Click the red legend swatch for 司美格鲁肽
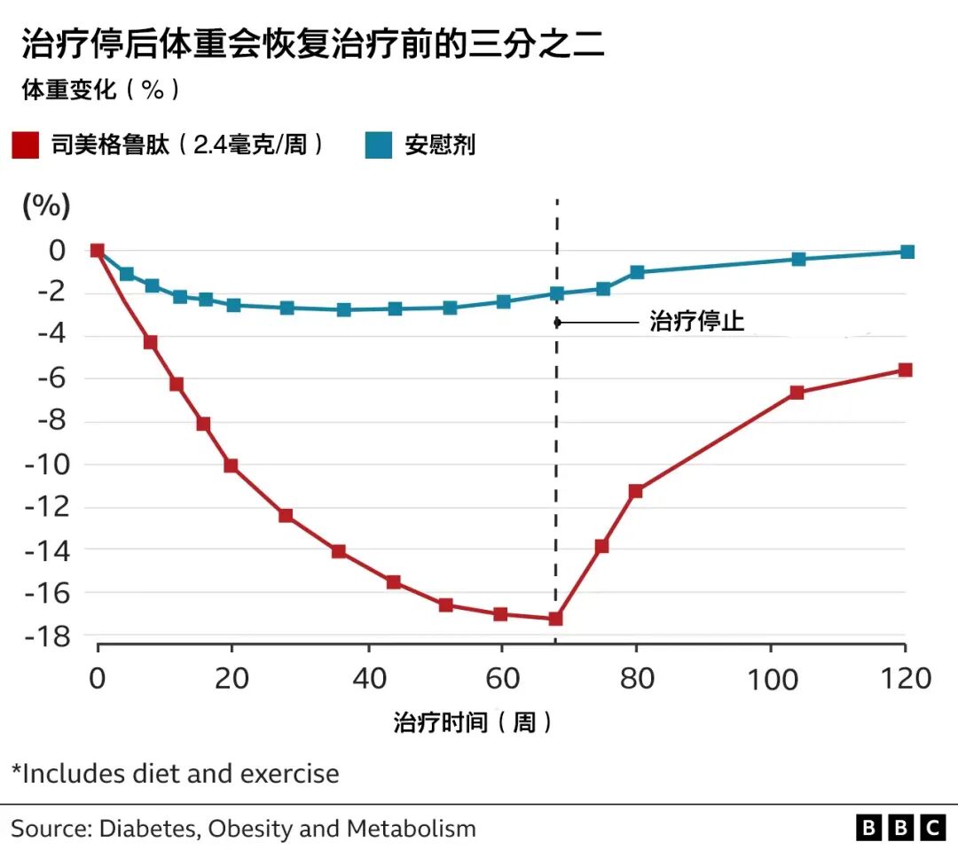coord(26,145)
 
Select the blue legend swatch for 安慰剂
coord(378,145)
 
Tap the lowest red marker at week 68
coord(555,619)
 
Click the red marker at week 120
coord(905,370)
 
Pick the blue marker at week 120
coord(907,252)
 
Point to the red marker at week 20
coord(231,465)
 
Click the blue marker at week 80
coord(637,272)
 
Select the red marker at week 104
coord(797,392)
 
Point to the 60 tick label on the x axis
coord(502,678)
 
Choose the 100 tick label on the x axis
coord(773,679)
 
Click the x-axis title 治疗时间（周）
coord(473,722)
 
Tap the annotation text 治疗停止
coord(696,321)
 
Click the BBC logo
coord(900,828)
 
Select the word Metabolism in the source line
coord(412,829)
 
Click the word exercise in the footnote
coord(289,774)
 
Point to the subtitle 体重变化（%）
coord(101,90)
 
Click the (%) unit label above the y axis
coord(46,205)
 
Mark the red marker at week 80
coord(635,491)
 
